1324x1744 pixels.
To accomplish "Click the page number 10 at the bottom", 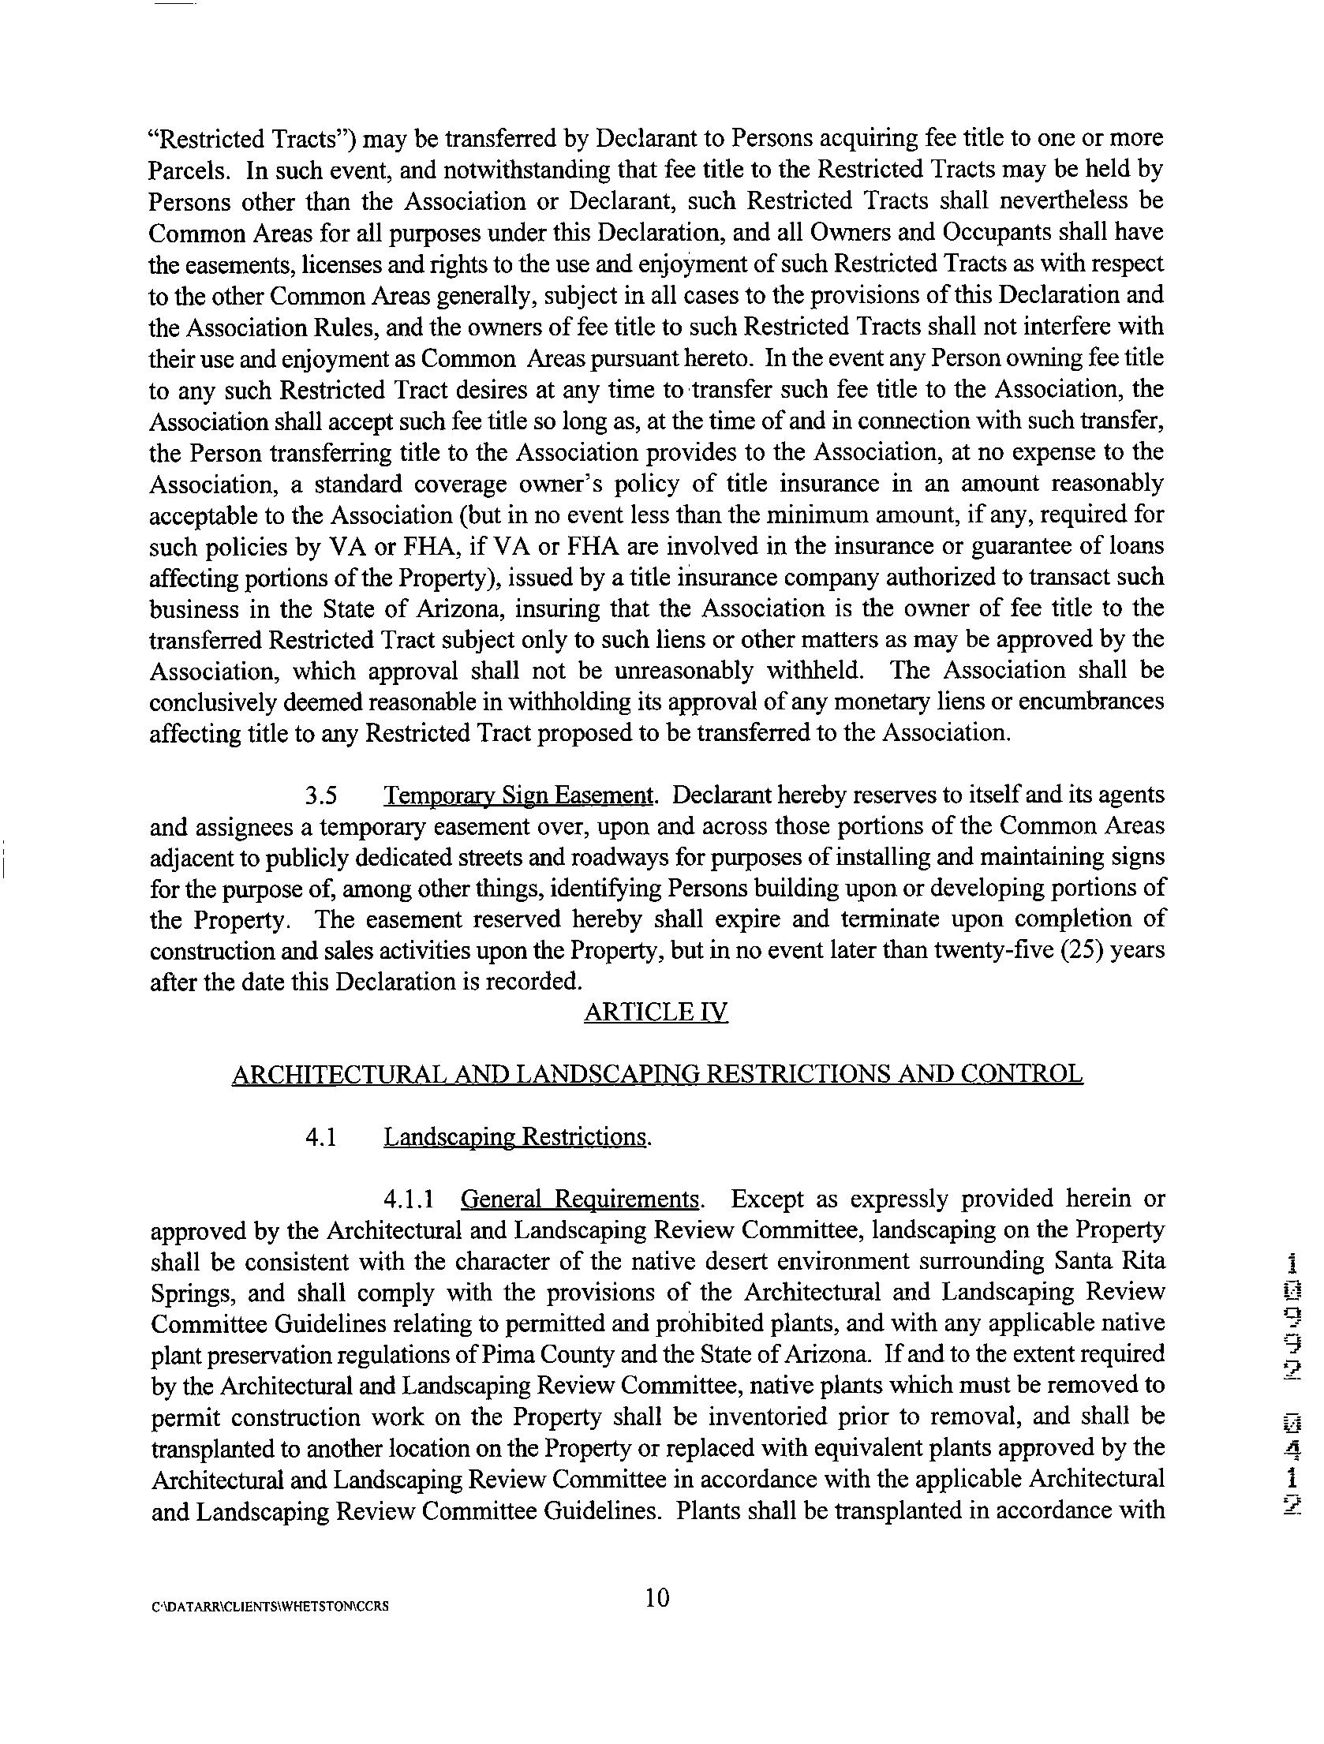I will click(x=656, y=1598).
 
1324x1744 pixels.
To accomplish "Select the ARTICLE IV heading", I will click(x=656, y=1012).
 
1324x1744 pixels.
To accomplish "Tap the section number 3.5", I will click(x=322, y=795).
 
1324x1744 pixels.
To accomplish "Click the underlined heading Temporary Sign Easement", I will click(x=518, y=795).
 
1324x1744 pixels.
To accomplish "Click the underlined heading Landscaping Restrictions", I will click(x=517, y=1137).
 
